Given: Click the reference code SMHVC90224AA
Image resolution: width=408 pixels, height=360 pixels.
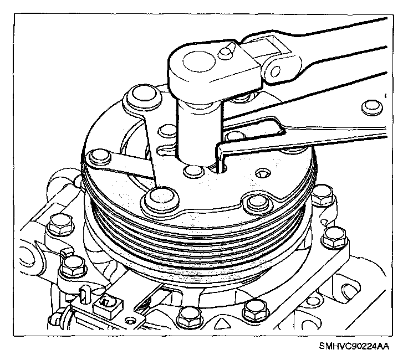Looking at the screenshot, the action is point(354,346).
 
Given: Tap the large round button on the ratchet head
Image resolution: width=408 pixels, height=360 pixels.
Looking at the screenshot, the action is point(199,61).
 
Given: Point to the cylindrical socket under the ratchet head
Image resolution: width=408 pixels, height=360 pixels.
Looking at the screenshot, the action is point(199,130).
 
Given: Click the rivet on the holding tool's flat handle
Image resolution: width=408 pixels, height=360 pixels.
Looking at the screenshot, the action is point(373,107).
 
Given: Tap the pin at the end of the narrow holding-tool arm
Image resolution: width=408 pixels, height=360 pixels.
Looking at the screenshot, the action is point(99,157).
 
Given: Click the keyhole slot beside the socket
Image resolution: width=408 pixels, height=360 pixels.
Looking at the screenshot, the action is point(166,150).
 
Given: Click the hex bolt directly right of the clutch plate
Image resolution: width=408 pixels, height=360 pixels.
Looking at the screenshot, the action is point(323,195).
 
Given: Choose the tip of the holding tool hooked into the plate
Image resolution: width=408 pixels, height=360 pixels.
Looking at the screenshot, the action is point(220,166).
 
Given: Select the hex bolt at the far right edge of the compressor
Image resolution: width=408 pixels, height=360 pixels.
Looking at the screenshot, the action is point(335,238).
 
